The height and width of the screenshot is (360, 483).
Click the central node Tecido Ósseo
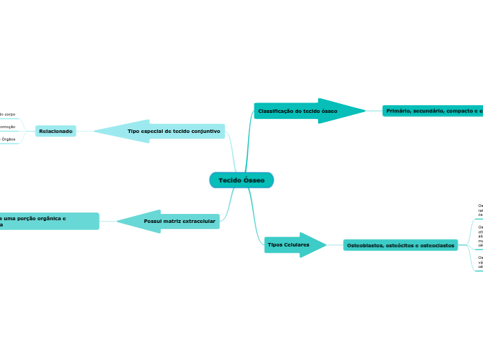coord(241,180)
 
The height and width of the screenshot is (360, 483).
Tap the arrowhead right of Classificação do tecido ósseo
coord(343,111)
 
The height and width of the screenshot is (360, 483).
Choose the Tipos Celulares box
coord(283,244)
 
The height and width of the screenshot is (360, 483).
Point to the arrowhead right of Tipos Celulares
coord(314,244)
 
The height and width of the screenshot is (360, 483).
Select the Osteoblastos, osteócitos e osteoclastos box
coord(401,245)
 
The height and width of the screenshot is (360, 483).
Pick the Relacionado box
coord(55,131)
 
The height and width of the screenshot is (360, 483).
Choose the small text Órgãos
coord(8,139)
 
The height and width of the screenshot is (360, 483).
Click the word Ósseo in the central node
coord(254,180)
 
